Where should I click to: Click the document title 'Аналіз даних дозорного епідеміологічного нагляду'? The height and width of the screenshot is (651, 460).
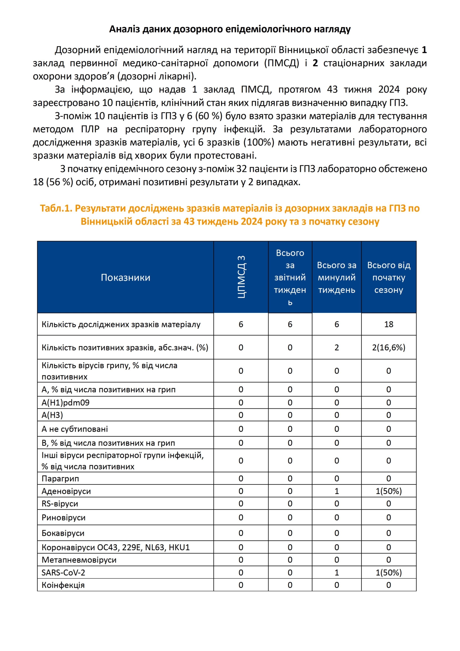pyautogui.click(x=230, y=29)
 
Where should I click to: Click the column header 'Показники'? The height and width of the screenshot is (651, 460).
pyautogui.click(x=125, y=277)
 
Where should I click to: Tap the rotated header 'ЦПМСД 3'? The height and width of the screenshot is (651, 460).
pyautogui.click(x=241, y=277)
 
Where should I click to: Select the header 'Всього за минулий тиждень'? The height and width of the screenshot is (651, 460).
pyautogui.click(x=336, y=277)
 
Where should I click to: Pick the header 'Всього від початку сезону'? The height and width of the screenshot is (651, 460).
pyautogui.click(x=388, y=277)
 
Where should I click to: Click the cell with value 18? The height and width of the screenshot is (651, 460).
pyautogui.click(x=388, y=324)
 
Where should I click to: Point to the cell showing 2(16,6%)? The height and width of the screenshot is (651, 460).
pyautogui.click(x=388, y=347)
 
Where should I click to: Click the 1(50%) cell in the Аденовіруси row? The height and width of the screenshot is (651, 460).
pyautogui.click(x=388, y=491)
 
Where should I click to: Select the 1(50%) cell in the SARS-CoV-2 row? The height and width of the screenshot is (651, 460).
pyautogui.click(x=388, y=572)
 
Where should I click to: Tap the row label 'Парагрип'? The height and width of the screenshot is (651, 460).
pyautogui.click(x=60, y=479)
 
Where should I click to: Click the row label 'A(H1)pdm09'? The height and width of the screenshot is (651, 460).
pyautogui.click(x=66, y=402)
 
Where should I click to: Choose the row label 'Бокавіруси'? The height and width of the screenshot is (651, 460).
pyautogui.click(x=63, y=533)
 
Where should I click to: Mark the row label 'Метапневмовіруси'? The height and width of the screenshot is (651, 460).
pyautogui.click(x=79, y=560)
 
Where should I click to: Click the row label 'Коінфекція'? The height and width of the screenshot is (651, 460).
pyautogui.click(x=63, y=585)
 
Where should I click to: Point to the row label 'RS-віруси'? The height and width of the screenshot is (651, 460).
pyautogui.click(x=60, y=503)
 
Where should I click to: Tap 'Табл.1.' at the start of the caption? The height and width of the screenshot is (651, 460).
pyautogui.click(x=56, y=208)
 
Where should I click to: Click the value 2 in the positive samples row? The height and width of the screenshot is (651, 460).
pyautogui.click(x=336, y=347)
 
